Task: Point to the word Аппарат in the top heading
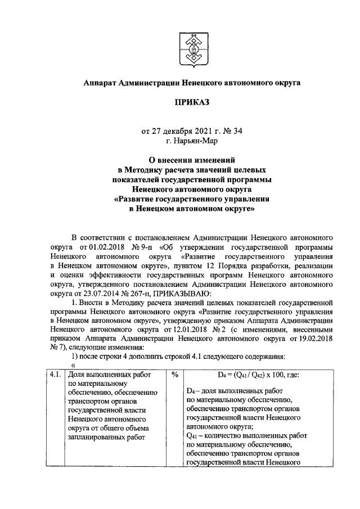98,82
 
